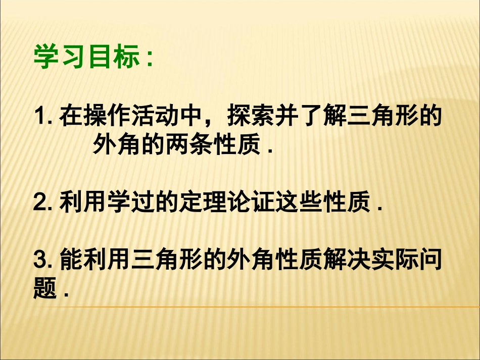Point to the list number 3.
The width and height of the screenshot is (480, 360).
tap(40, 261)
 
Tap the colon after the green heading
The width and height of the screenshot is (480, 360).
tap(148, 59)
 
